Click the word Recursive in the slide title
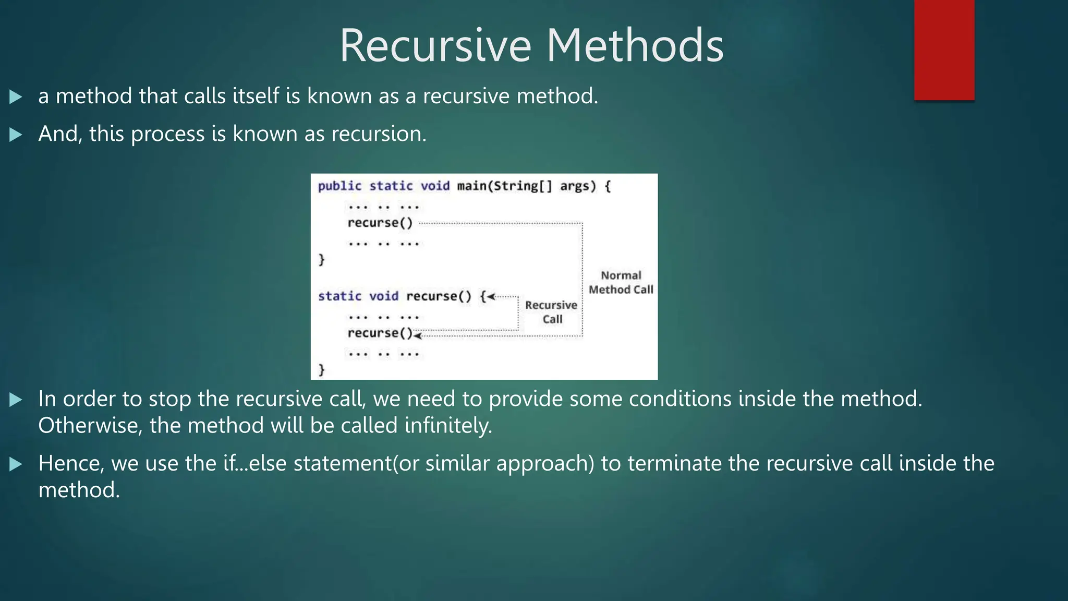tap(435, 46)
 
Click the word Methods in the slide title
tap(635, 46)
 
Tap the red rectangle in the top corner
tap(944, 50)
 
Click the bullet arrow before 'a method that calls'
tap(16, 97)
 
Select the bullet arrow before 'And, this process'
tap(16, 135)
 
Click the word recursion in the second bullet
tap(379, 134)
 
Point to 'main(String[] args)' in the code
tap(526, 186)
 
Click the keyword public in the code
tap(339, 186)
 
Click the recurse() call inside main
tap(380, 223)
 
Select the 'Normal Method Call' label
tap(621, 282)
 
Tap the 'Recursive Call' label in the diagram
tap(551, 312)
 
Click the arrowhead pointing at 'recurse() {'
tap(491, 296)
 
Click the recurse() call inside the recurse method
tap(380, 333)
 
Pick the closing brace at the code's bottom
tap(321, 370)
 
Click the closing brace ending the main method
tap(321, 259)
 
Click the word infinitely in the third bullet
tap(448, 426)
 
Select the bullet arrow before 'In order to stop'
tap(16, 400)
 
